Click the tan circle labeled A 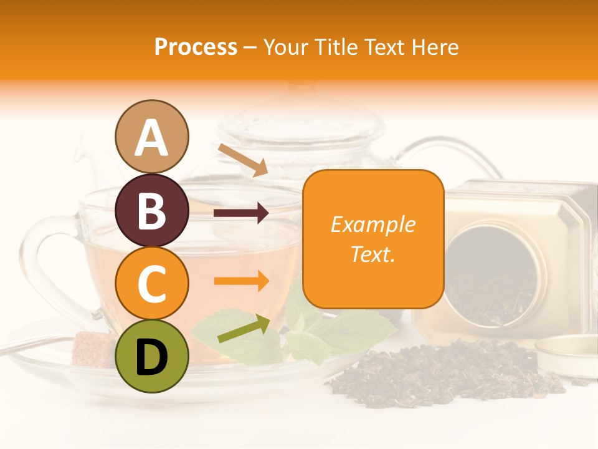pos(151,137)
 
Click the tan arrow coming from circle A pos(243,160)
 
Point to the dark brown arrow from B pos(241,213)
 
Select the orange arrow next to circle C pos(242,281)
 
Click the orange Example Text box pos(373,239)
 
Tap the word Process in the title pos(196,47)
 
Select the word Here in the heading pos(435,47)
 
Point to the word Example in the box pos(373,224)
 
